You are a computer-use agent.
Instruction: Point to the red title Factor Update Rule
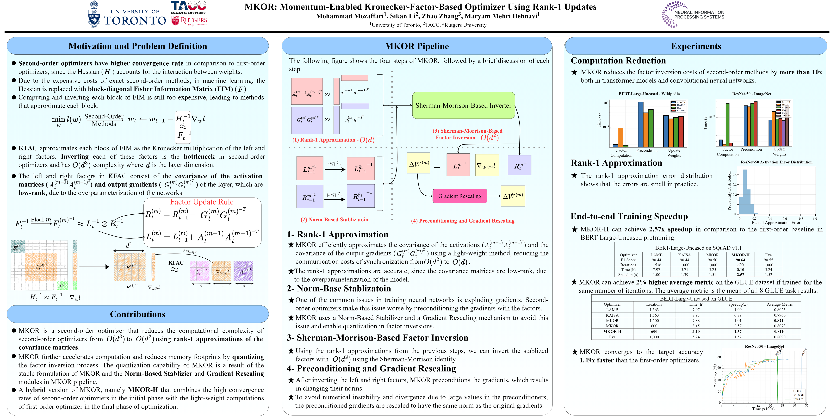click(x=202, y=202)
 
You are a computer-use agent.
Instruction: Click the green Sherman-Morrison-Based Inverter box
click(x=463, y=106)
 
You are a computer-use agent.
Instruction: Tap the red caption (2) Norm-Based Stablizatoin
click(x=334, y=220)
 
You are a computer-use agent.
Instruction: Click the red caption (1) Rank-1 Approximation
click(x=333, y=140)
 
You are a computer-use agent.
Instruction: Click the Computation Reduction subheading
click(x=618, y=61)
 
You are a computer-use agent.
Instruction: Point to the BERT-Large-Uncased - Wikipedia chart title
click(x=649, y=94)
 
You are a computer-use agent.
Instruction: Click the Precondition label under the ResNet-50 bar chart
click(x=751, y=149)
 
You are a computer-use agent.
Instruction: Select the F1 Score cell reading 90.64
click(x=740, y=260)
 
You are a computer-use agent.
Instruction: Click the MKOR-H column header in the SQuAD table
click(x=740, y=255)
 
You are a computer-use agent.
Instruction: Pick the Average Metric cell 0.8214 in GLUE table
click(x=779, y=321)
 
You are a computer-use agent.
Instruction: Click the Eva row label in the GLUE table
click(x=612, y=337)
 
